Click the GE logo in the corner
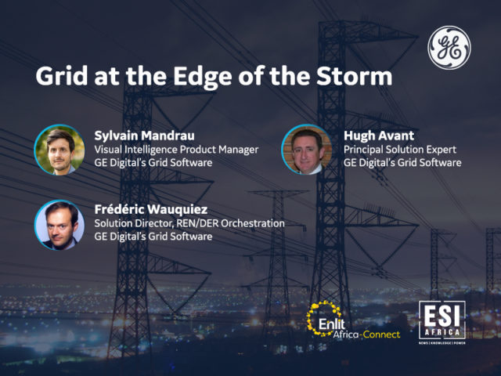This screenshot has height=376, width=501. (449, 48)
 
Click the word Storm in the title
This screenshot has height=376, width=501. (354, 76)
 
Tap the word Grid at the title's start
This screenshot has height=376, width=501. (62, 76)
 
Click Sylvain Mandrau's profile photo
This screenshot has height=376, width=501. (59, 150)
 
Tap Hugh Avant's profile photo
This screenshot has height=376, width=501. (307, 150)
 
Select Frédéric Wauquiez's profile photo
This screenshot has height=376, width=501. (59, 225)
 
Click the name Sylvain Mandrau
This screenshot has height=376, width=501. (144, 136)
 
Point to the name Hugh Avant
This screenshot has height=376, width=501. (379, 136)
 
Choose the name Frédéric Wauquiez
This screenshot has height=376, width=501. (151, 209)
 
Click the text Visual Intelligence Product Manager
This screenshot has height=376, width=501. (176, 150)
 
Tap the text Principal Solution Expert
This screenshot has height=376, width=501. (400, 150)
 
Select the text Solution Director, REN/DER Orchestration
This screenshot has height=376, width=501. (189, 223)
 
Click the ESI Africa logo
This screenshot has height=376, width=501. (442, 322)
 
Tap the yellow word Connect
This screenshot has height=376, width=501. (381, 334)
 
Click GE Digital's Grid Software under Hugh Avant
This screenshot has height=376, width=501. (402, 163)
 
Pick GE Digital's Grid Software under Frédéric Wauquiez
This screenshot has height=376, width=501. (153, 237)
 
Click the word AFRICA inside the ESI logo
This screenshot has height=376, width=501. (442, 332)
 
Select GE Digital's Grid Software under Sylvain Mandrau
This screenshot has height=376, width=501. (153, 163)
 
